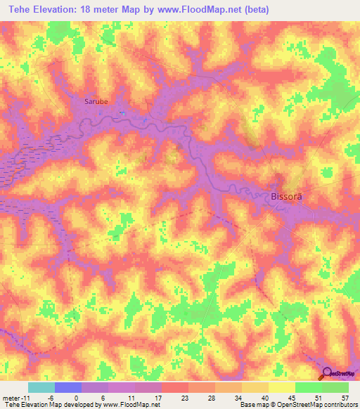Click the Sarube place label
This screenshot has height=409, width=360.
click(x=96, y=101)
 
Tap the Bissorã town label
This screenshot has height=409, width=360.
click(x=286, y=197)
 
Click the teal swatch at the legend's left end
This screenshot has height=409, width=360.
click(x=41, y=388)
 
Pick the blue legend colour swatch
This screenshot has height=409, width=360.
click(x=68, y=388)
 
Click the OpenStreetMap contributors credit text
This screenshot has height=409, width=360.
click(x=317, y=405)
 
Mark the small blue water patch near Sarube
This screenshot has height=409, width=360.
click(x=122, y=112)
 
